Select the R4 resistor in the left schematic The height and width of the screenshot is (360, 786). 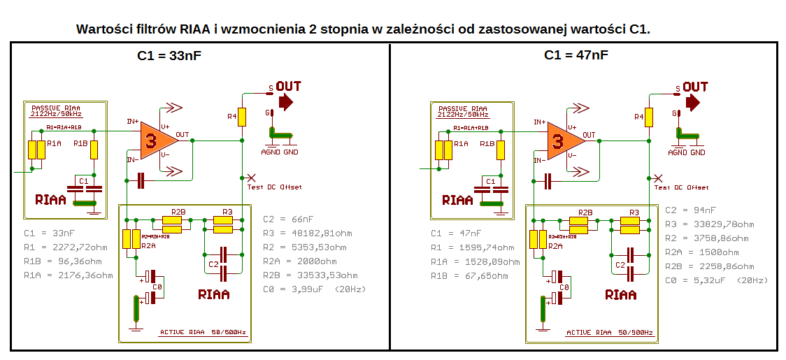point(242,116)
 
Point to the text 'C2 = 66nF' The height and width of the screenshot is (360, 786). point(288,219)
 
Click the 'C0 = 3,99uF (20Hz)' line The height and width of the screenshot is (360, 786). point(314,289)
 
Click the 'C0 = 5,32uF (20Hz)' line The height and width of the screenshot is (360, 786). point(716,280)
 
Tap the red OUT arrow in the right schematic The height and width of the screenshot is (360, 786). point(692,103)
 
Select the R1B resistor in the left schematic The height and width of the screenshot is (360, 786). point(94,150)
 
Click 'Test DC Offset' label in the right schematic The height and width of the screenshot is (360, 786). point(681,187)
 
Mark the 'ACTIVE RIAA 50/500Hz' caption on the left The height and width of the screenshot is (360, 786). point(203,332)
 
